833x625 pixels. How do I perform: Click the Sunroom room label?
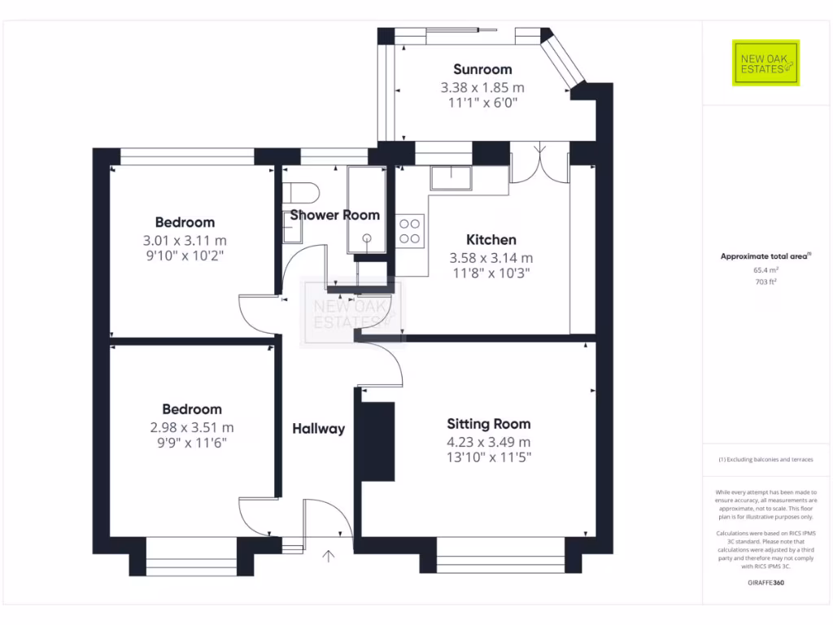pyautogui.click(x=482, y=69)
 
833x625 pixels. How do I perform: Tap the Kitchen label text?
pyautogui.click(x=491, y=240)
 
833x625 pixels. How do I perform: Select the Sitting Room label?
pyautogui.click(x=489, y=424)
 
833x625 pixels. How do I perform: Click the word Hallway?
pyautogui.click(x=319, y=429)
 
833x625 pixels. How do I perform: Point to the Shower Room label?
pyautogui.click(x=335, y=216)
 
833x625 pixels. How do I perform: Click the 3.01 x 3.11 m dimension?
pyautogui.click(x=185, y=240)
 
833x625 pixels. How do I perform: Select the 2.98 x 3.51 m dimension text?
pyautogui.click(x=191, y=427)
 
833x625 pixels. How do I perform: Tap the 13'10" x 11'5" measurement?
pyautogui.click(x=489, y=458)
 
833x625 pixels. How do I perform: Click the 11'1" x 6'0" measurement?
pyautogui.click(x=482, y=103)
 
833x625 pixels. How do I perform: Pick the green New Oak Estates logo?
pyautogui.click(x=766, y=63)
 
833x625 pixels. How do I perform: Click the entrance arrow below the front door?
pyautogui.click(x=329, y=557)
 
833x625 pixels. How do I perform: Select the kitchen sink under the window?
pyautogui.click(x=451, y=178)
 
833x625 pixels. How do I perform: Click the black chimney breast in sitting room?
pyautogui.click(x=377, y=440)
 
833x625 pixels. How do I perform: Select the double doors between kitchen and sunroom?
pyautogui.click(x=539, y=163)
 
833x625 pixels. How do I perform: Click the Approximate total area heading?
pyautogui.click(x=765, y=256)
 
